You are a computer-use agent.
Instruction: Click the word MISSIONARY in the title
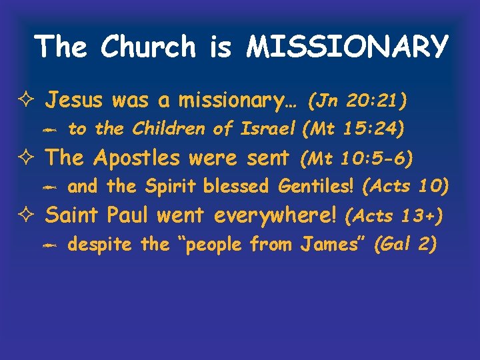347,47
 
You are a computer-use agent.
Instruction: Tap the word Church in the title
149,47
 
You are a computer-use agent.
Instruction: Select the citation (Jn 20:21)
357,101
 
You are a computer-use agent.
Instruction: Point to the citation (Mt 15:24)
353,129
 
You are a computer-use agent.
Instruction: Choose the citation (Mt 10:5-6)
356,159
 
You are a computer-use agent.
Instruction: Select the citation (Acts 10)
405,187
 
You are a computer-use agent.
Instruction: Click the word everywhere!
276,216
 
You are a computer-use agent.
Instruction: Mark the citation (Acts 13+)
395,216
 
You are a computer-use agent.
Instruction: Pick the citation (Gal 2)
405,245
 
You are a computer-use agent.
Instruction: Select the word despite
101,245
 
